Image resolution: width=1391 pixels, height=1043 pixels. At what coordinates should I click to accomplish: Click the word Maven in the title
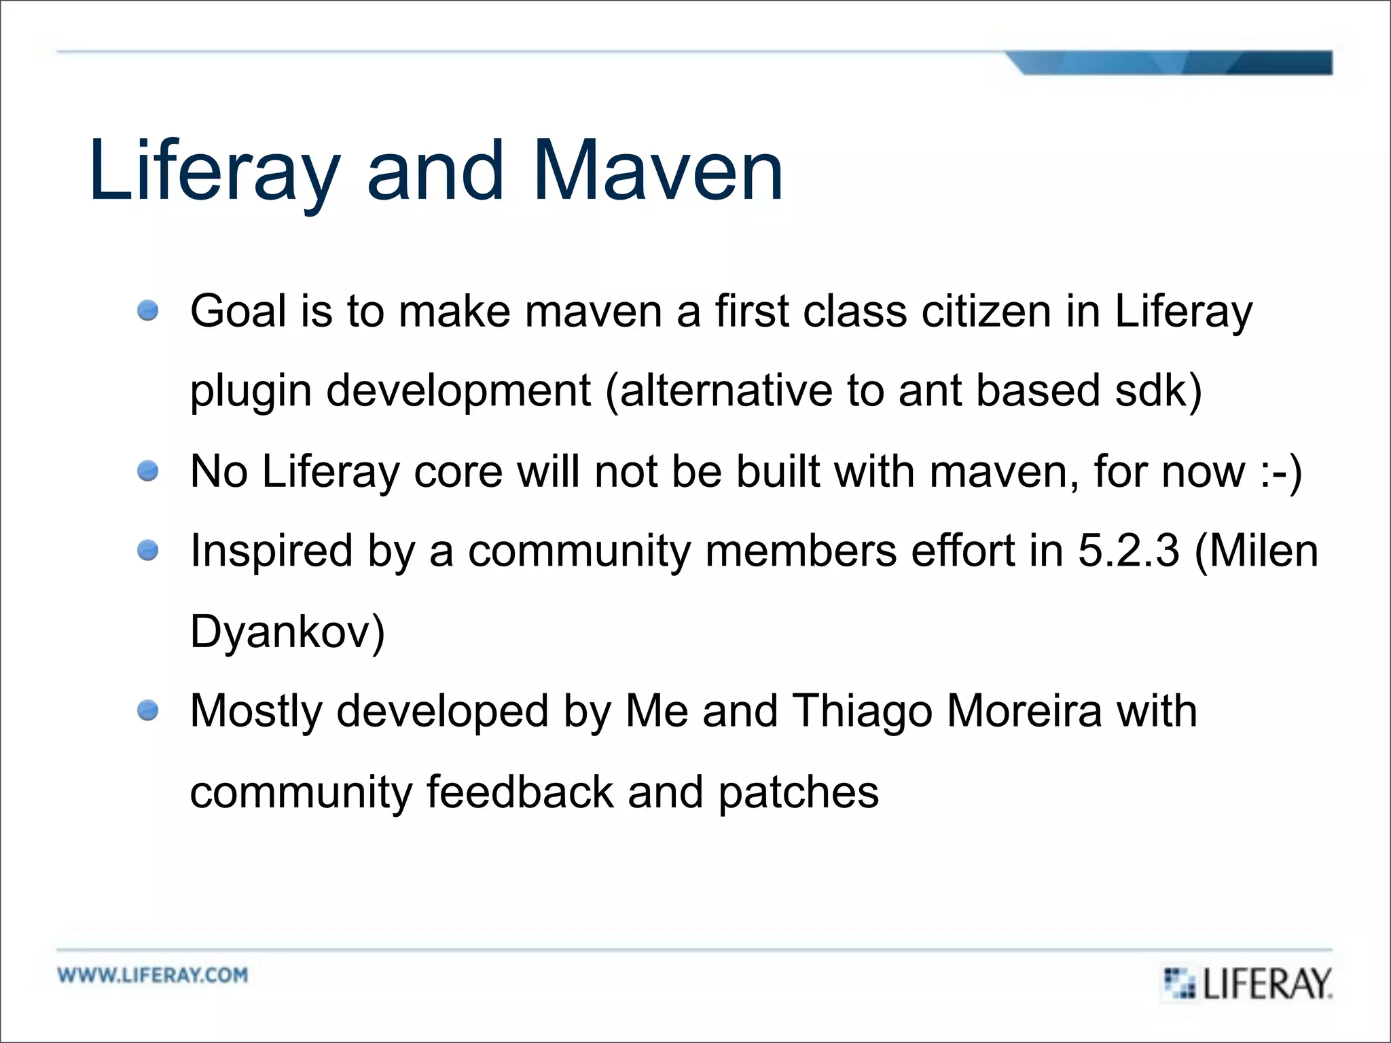(657, 171)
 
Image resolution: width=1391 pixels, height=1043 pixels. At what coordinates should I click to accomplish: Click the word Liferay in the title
(215, 171)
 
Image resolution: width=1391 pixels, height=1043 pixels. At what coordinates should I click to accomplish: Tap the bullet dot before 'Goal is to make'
(147, 310)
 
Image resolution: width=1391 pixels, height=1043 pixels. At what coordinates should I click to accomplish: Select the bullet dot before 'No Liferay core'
(147, 471)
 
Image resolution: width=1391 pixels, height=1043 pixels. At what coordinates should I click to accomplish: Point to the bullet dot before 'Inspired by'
(147, 550)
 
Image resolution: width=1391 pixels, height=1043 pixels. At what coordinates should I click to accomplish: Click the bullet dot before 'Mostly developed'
(147, 711)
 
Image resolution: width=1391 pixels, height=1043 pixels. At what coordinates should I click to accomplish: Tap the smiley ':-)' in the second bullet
(1281, 471)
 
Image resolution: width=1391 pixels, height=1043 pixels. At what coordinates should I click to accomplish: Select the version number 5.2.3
(1128, 551)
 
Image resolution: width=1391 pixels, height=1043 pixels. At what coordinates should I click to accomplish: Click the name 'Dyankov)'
(287, 632)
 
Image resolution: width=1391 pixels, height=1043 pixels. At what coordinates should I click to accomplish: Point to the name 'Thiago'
(863, 712)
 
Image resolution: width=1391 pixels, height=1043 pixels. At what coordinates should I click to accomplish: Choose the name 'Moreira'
(1024, 711)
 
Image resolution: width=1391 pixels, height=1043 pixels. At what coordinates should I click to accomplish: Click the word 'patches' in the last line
(798, 792)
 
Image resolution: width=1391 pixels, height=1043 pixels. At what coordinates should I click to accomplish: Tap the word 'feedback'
(520, 791)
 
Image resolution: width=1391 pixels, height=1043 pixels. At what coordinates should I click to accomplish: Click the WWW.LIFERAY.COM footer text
(153, 975)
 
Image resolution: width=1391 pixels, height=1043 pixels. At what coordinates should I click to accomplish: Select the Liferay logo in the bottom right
(1248, 983)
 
